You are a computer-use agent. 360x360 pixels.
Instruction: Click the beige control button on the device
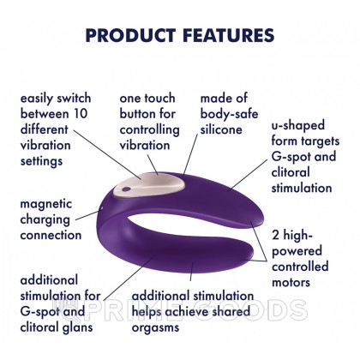[154, 178]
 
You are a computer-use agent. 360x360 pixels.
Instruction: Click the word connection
[51, 235]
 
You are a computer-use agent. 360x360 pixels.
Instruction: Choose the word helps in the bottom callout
[149, 311]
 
